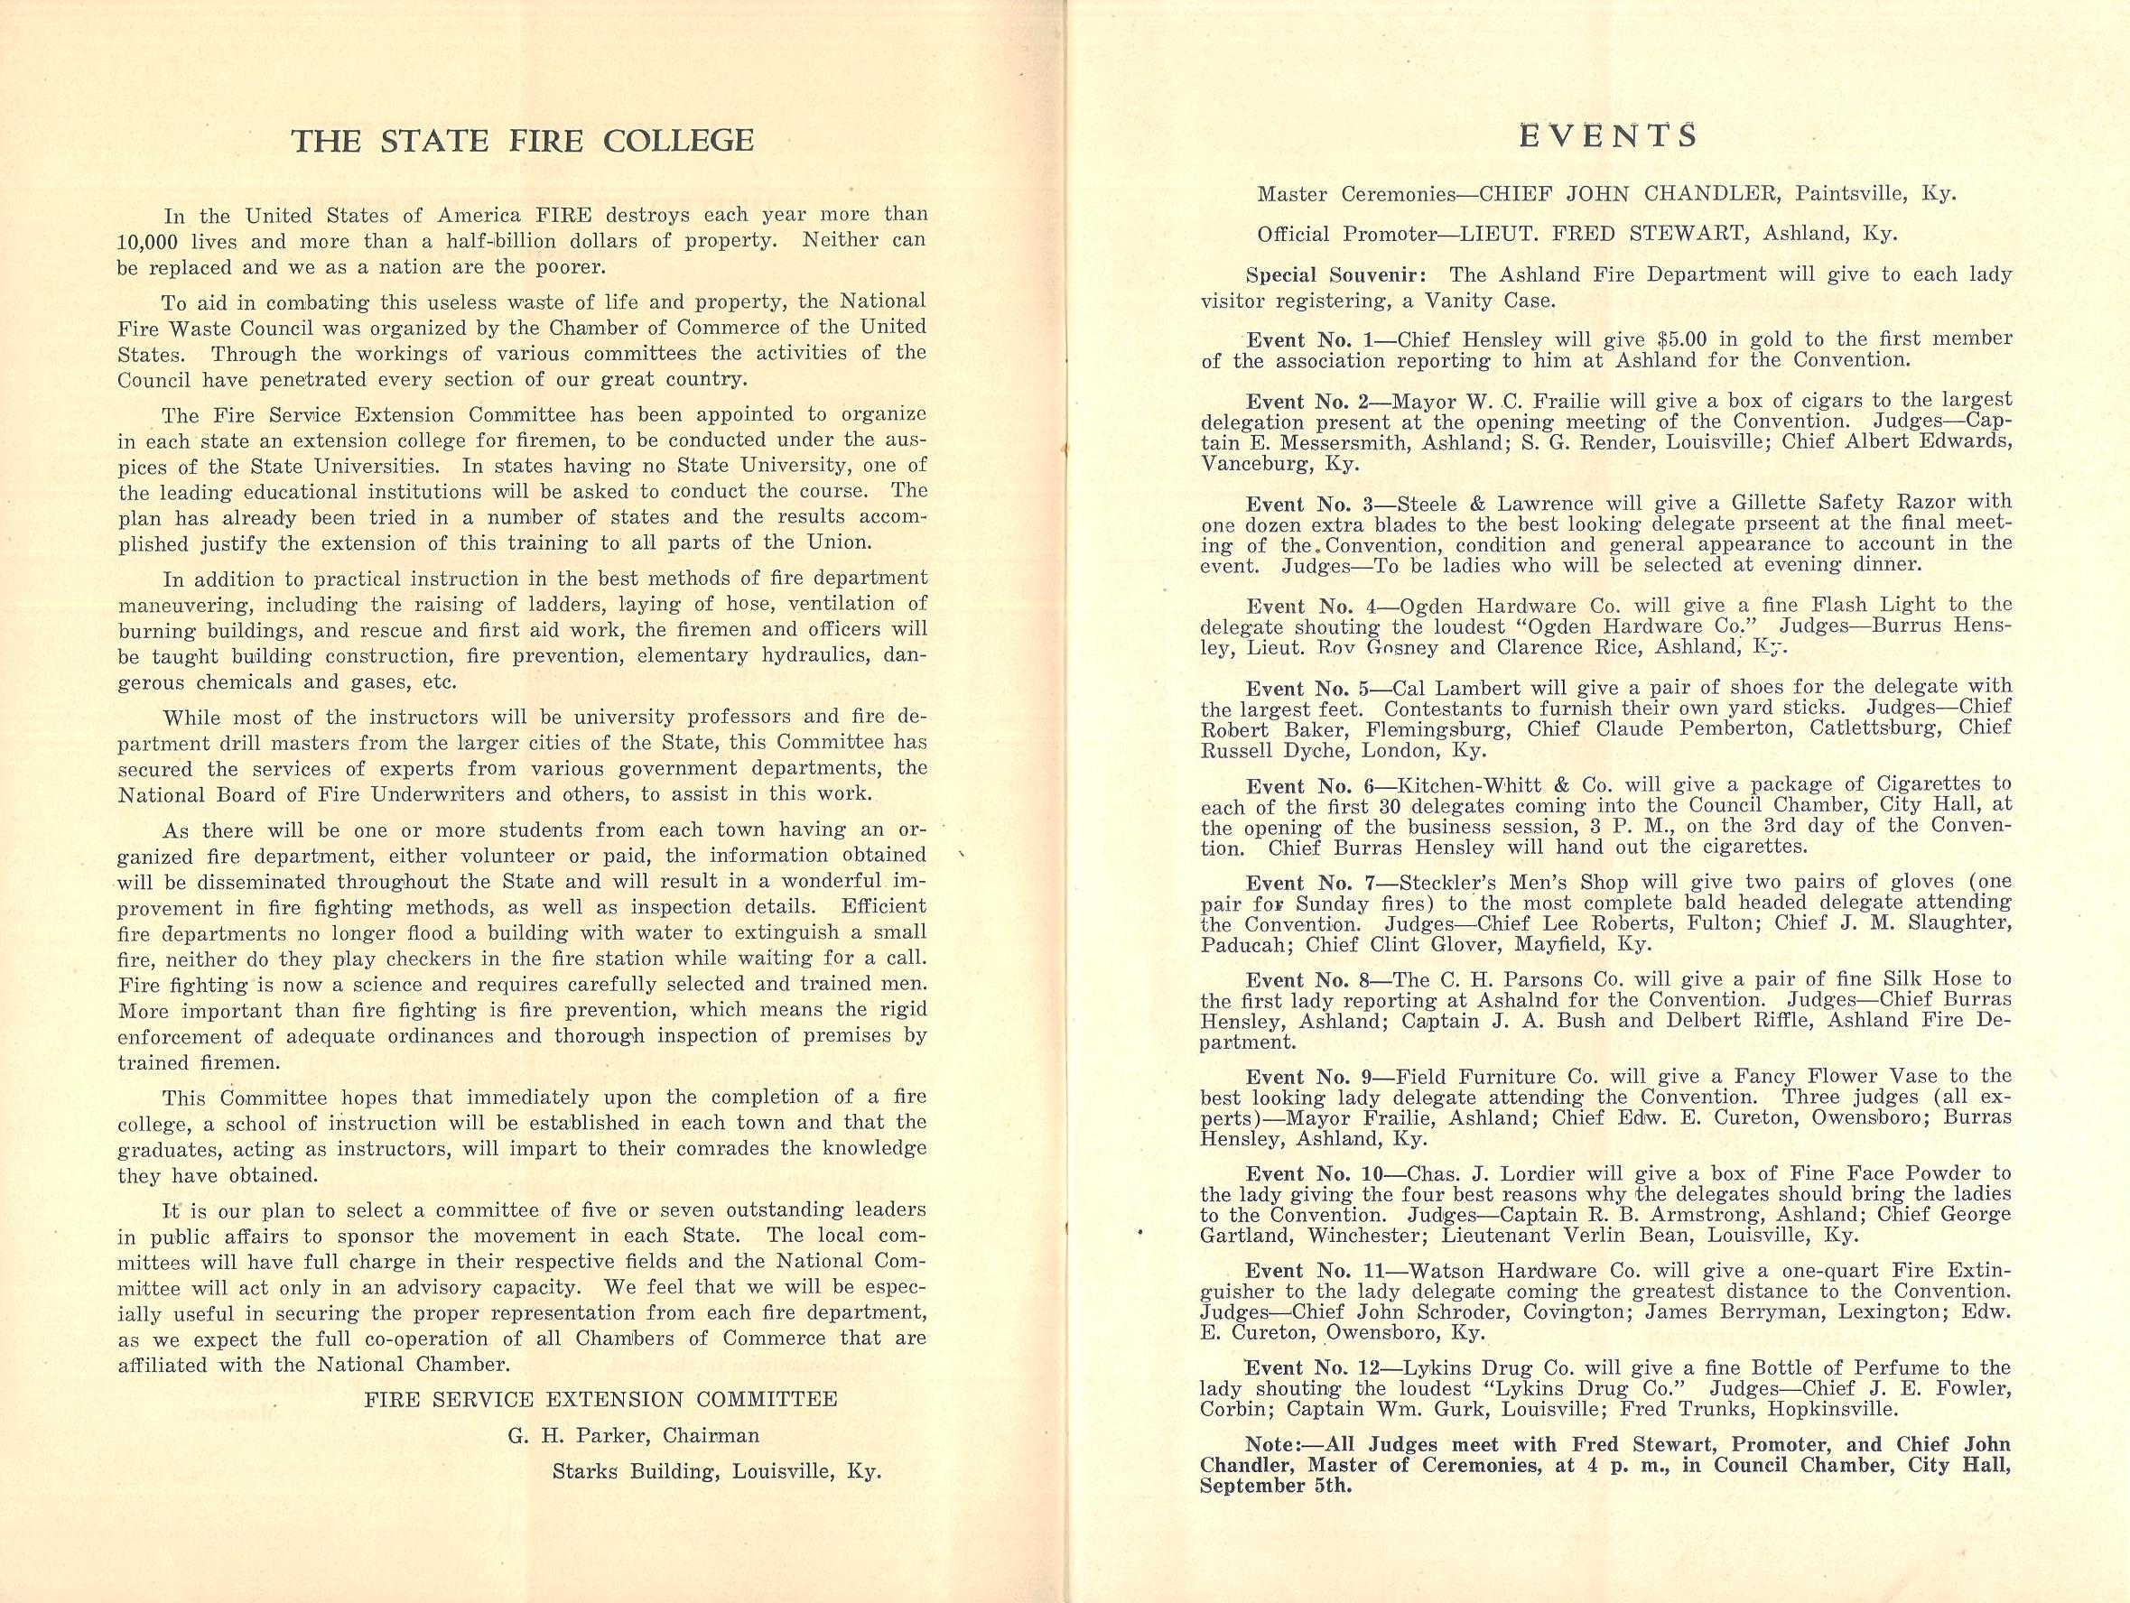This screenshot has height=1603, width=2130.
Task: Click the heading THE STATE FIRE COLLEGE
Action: click(x=522, y=141)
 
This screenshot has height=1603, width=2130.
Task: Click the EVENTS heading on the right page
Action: click(x=1607, y=135)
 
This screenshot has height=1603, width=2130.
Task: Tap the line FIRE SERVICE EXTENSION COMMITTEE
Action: click(x=600, y=1400)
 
